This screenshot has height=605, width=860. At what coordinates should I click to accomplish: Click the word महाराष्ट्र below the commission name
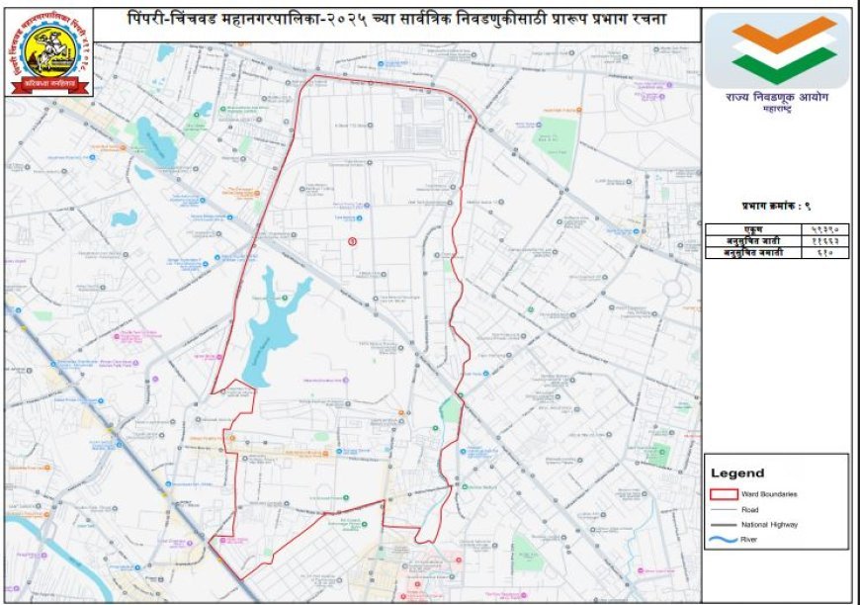pos(776,113)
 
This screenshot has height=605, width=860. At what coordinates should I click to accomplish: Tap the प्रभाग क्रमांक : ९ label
pos(776,206)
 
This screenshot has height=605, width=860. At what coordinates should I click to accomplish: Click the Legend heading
pos(737,474)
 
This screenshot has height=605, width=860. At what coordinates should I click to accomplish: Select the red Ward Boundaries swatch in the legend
pos(725,492)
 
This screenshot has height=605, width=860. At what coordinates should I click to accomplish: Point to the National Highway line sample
pos(725,524)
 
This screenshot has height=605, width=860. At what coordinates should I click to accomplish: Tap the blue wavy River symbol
pos(725,540)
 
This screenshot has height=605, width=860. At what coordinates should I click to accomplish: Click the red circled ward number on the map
pos(352,241)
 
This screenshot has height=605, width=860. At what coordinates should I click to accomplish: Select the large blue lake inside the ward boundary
pos(265,331)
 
